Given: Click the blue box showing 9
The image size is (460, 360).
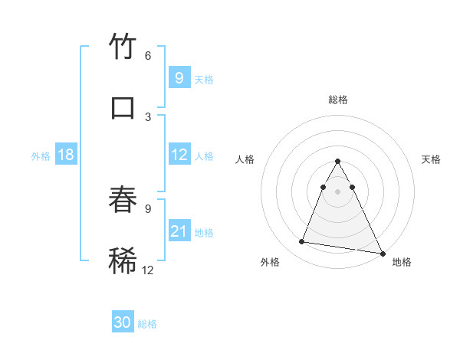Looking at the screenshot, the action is tap(179, 78).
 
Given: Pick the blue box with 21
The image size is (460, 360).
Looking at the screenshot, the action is tap(179, 231).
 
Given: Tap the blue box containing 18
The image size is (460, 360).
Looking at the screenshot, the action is tap(66, 155).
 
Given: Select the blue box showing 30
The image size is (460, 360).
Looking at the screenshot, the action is tap(123, 322).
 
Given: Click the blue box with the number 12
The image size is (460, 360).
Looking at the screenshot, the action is tap(179, 155).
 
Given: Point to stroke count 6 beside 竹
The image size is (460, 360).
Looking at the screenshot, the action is tap(148, 56).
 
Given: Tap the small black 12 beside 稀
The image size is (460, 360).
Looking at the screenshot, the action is tap(148, 270).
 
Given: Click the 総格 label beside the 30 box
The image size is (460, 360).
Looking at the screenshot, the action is tap(148, 324).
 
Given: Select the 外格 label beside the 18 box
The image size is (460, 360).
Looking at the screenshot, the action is tap(41, 156).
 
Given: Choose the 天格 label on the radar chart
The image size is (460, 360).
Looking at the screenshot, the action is tap(431, 159).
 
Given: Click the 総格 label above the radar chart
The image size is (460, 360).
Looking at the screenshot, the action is tap(338, 100).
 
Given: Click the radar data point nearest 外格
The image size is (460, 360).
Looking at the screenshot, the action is tap(302, 242).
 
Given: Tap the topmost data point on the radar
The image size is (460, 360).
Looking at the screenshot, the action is tap(338, 162).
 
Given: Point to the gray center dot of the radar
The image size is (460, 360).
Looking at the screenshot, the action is tap(338, 191).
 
